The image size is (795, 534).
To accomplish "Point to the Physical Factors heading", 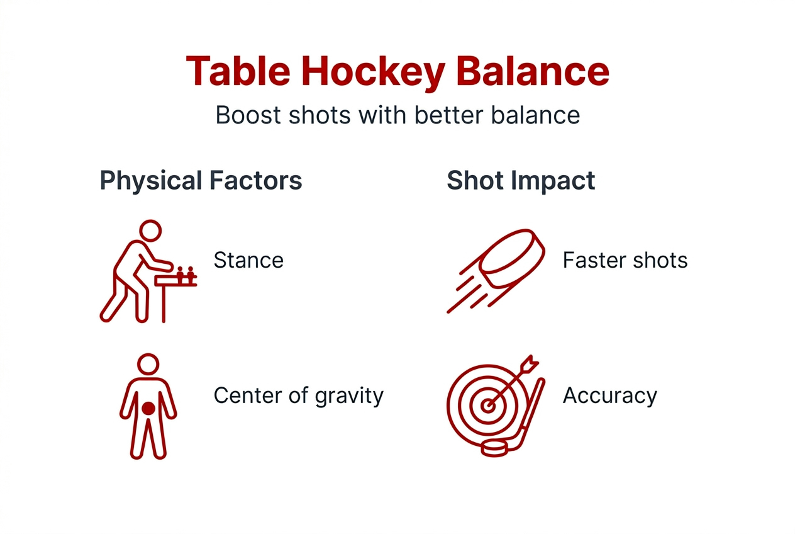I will point(201,181).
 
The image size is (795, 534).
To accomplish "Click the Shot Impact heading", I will point(520,181).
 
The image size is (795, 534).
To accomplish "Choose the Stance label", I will point(248,260).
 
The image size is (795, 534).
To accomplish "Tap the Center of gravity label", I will point(298,395).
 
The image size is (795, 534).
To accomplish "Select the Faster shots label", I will point(625,260).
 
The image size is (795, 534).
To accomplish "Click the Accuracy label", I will point(609,395).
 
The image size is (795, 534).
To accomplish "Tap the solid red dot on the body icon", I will point(148,408).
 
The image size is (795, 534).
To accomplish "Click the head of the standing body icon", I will point(148,365).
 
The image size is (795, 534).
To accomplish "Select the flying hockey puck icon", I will point(513,259).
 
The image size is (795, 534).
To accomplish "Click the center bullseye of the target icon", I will point(487,406).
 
